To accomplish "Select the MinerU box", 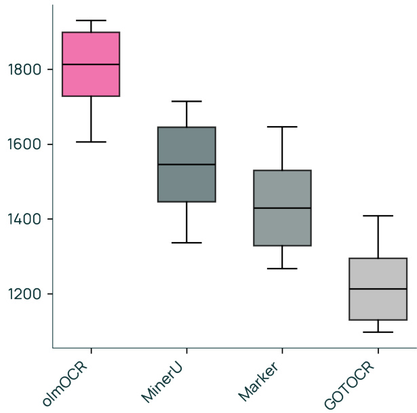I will click(x=186, y=183).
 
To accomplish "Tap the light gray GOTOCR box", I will click(x=378, y=305).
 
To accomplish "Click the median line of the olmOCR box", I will click(x=90, y=64).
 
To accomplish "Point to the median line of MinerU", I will click(x=186, y=164).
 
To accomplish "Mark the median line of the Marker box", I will click(x=282, y=208).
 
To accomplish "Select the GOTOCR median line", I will click(x=378, y=289).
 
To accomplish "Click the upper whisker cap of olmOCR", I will click(x=90, y=20).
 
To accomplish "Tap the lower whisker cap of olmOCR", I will click(x=90, y=142).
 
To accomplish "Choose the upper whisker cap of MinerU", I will click(x=186, y=101).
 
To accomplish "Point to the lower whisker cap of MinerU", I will click(x=186, y=242).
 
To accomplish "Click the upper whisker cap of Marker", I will click(x=282, y=127).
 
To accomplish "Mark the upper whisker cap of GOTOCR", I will click(x=378, y=216).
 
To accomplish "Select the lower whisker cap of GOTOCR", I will click(x=378, y=332).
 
